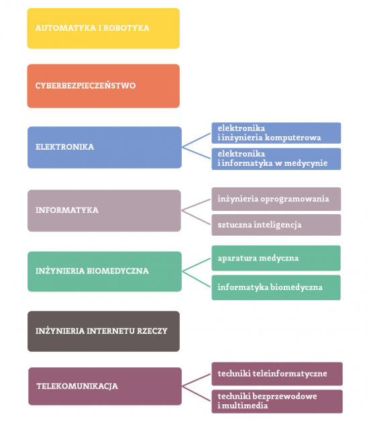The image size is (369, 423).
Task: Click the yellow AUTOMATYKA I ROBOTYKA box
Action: pyautogui.click(x=103, y=28)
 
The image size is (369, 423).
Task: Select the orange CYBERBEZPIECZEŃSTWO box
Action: pyautogui.click(x=103, y=86)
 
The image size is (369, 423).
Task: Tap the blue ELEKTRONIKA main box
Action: pyautogui.click(x=105, y=147)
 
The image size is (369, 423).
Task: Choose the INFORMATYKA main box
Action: pyautogui.click(x=104, y=210)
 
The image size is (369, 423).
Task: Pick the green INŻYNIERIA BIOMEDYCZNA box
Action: pyautogui.click(x=105, y=271)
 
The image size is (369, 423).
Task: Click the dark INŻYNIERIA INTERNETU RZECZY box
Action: pyautogui.click(x=103, y=331)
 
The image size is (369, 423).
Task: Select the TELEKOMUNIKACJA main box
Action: pyautogui.click(x=105, y=386)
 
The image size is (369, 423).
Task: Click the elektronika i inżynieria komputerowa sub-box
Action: pyautogui.click(x=276, y=133)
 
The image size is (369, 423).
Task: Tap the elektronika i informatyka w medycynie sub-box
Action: pyautogui.click(x=276, y=159)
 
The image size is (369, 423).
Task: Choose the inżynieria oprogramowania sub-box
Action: pyautogui.click(x=276, y=199)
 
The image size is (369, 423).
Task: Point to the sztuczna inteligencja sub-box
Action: pyautogui.click(x=276, y=225)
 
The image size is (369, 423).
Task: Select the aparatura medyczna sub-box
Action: pyautogui.click(x=276, y=258)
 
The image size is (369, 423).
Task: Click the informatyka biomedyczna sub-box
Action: pyautogui.click(x=276, y=287)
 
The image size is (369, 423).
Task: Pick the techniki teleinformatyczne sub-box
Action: pyautogui.click(x=277, y=374)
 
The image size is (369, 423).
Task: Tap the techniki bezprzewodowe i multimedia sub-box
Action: pyautogui.click(x=277, y=402)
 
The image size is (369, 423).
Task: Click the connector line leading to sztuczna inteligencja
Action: pyautogui.click(x=196, y=218)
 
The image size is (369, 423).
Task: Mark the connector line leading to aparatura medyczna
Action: pyautogui.click(x=197, y=265)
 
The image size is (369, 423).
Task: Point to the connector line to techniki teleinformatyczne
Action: pyautogui.click(x=197, y=380)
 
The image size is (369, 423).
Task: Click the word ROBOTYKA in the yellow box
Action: pyautogui.click(x=126, y=28)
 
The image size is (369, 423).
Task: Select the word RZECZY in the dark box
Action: pyautogui.click(x=152, y=331)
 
